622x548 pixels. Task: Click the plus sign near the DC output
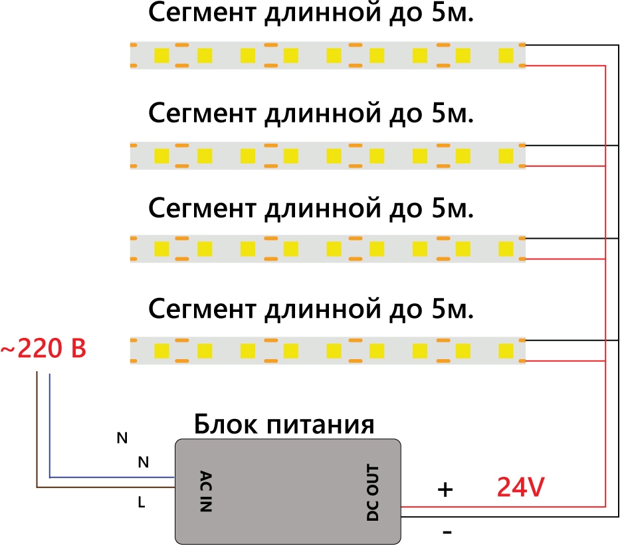tap(445, 490)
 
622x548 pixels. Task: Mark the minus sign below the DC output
tap(447, 532)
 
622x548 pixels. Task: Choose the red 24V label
tap(521, 489)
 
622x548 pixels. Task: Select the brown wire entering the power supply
tap(106, 489)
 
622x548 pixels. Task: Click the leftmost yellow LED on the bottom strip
tap(161, 350)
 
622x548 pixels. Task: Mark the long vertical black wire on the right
tap(619, 279)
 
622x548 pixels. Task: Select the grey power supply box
tap(287, 492)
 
